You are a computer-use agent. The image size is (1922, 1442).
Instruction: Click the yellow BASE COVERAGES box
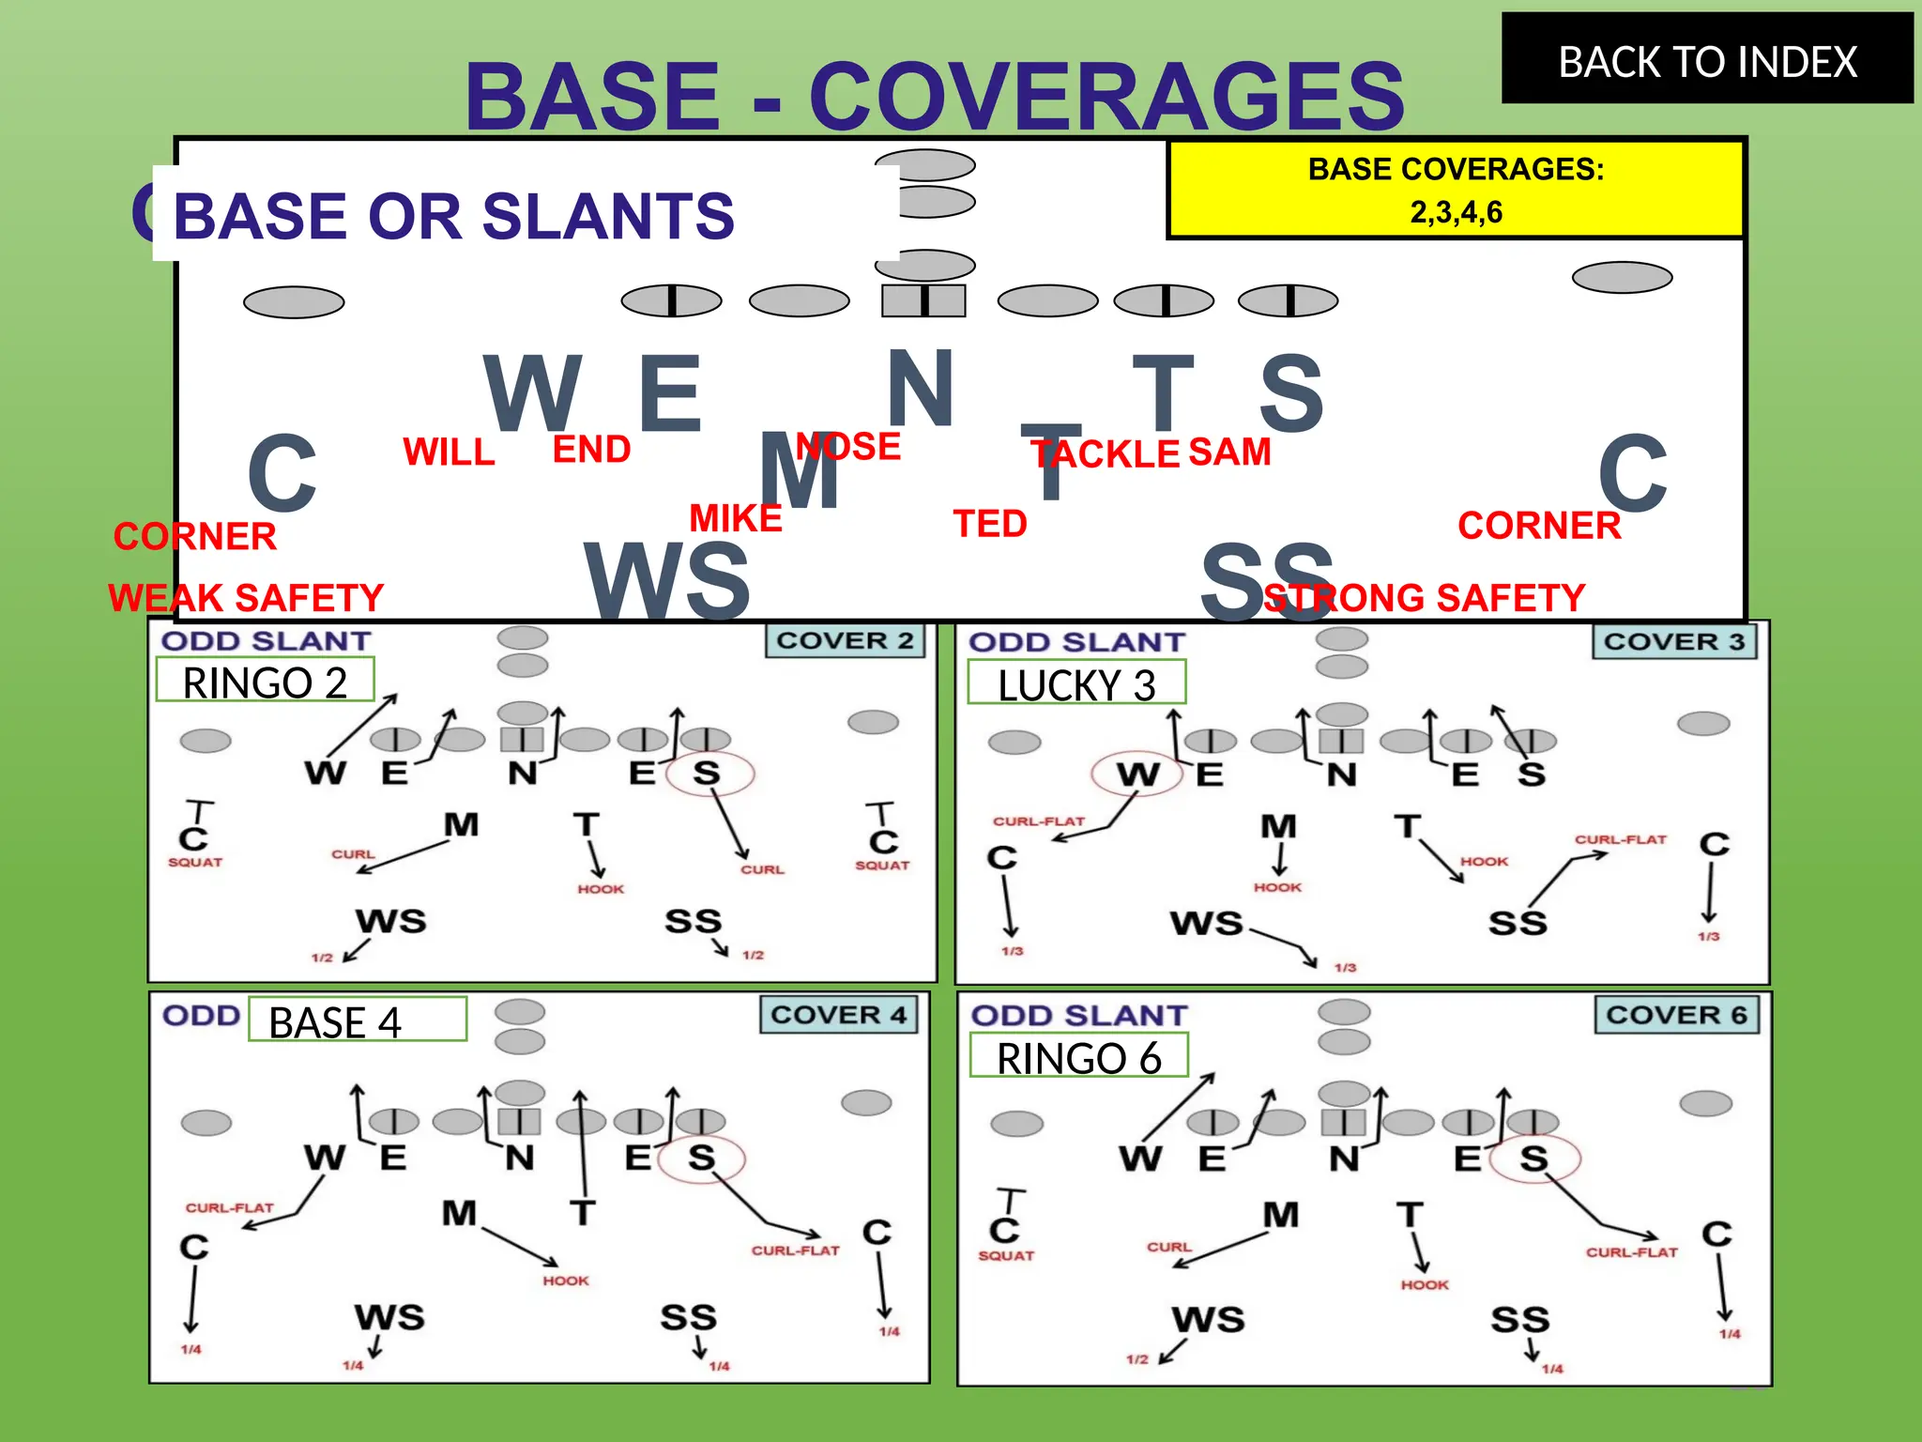click(1456, 190)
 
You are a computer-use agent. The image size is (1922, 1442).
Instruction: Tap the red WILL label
click(449, 453)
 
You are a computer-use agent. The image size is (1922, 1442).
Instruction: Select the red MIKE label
click(736, 518)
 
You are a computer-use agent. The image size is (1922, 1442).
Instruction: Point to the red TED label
click(990, 524)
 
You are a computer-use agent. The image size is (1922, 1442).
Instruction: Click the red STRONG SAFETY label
click(1425, 598)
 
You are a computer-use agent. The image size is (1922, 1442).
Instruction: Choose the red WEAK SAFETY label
click(246, 598)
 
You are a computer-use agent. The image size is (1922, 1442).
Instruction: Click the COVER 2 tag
click(845, 641)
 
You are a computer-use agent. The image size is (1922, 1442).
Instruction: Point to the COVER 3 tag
click(1673, 642)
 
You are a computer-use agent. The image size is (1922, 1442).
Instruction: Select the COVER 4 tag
click(838, 1015)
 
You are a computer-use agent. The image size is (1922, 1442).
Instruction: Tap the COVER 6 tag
click(1676, 1015)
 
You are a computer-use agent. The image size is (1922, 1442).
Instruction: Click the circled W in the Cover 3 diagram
click(1136, 775)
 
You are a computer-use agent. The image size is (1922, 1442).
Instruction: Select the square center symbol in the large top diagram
click(923, 300)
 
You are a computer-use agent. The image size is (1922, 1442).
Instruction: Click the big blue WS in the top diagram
click(667, 580)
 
